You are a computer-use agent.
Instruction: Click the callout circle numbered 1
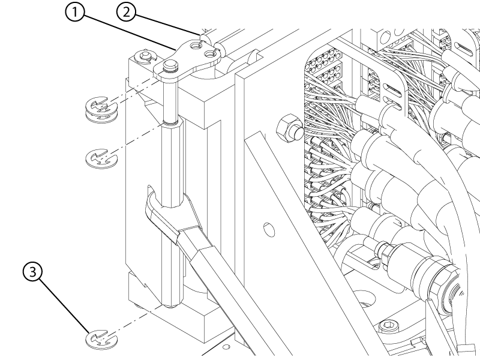(74, 13)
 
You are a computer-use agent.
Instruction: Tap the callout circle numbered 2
(126, 12)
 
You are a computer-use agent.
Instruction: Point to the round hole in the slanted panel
(269, 230)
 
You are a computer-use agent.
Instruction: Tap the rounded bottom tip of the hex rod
(171, 306)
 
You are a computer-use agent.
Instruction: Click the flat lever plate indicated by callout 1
(187, 59)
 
